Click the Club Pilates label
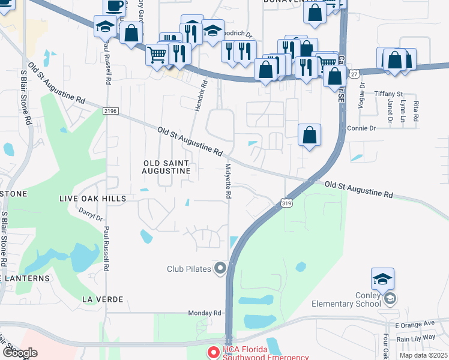[188, 269]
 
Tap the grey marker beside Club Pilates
[220, 268]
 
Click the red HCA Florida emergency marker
[212, 350]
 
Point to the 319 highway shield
[286, 203]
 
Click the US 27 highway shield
[354, 74]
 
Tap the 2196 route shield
[110, 110]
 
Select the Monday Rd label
[205, 313]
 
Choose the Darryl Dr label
[91, 215]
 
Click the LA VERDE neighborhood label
[103, 299]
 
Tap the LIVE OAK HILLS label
[92, 198]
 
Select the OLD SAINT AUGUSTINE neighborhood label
[166, 167]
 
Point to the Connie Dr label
[361, 128]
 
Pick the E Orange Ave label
[420, 323]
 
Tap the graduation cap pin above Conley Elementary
[382, 278]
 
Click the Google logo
[19, 353]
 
